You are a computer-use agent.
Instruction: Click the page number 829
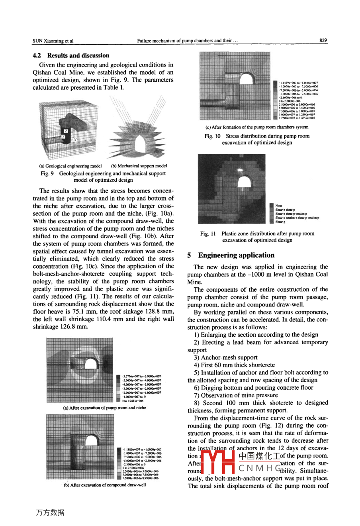coord(323,41)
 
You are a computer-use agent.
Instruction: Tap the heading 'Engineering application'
coord(236,255)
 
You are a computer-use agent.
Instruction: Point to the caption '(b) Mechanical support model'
coord(139,166)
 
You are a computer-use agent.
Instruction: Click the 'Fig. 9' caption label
coord(47,173)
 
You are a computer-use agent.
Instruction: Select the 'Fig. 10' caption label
coord(212,136)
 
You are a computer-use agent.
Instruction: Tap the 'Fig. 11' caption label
coord(208,234)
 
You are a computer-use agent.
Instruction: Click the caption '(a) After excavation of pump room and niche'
coord(105,408)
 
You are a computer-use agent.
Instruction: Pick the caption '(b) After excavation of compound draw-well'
coord(105,485)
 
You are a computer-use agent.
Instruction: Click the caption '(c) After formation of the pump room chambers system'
coord(257,127)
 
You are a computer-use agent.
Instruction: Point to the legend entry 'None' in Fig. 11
coord(279,206)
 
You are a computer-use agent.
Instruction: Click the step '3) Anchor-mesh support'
coord(226,357)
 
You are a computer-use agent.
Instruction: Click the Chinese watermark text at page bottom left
coord(50,513)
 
